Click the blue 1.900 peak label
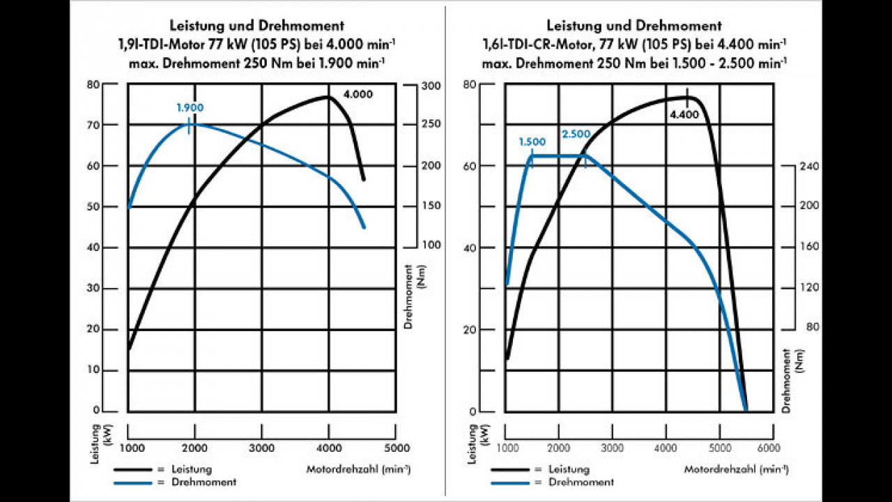tap(189, 108)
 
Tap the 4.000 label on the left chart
tap(357, 94)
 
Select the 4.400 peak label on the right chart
tap(684, 114)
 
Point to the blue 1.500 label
tap(532, 142)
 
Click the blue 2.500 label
tap(577, 133)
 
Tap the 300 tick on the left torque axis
tap(432, 86)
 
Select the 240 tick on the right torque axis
tap(810, 166)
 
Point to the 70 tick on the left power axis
tap(111, 125)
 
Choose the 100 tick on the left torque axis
tap(432, 246)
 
